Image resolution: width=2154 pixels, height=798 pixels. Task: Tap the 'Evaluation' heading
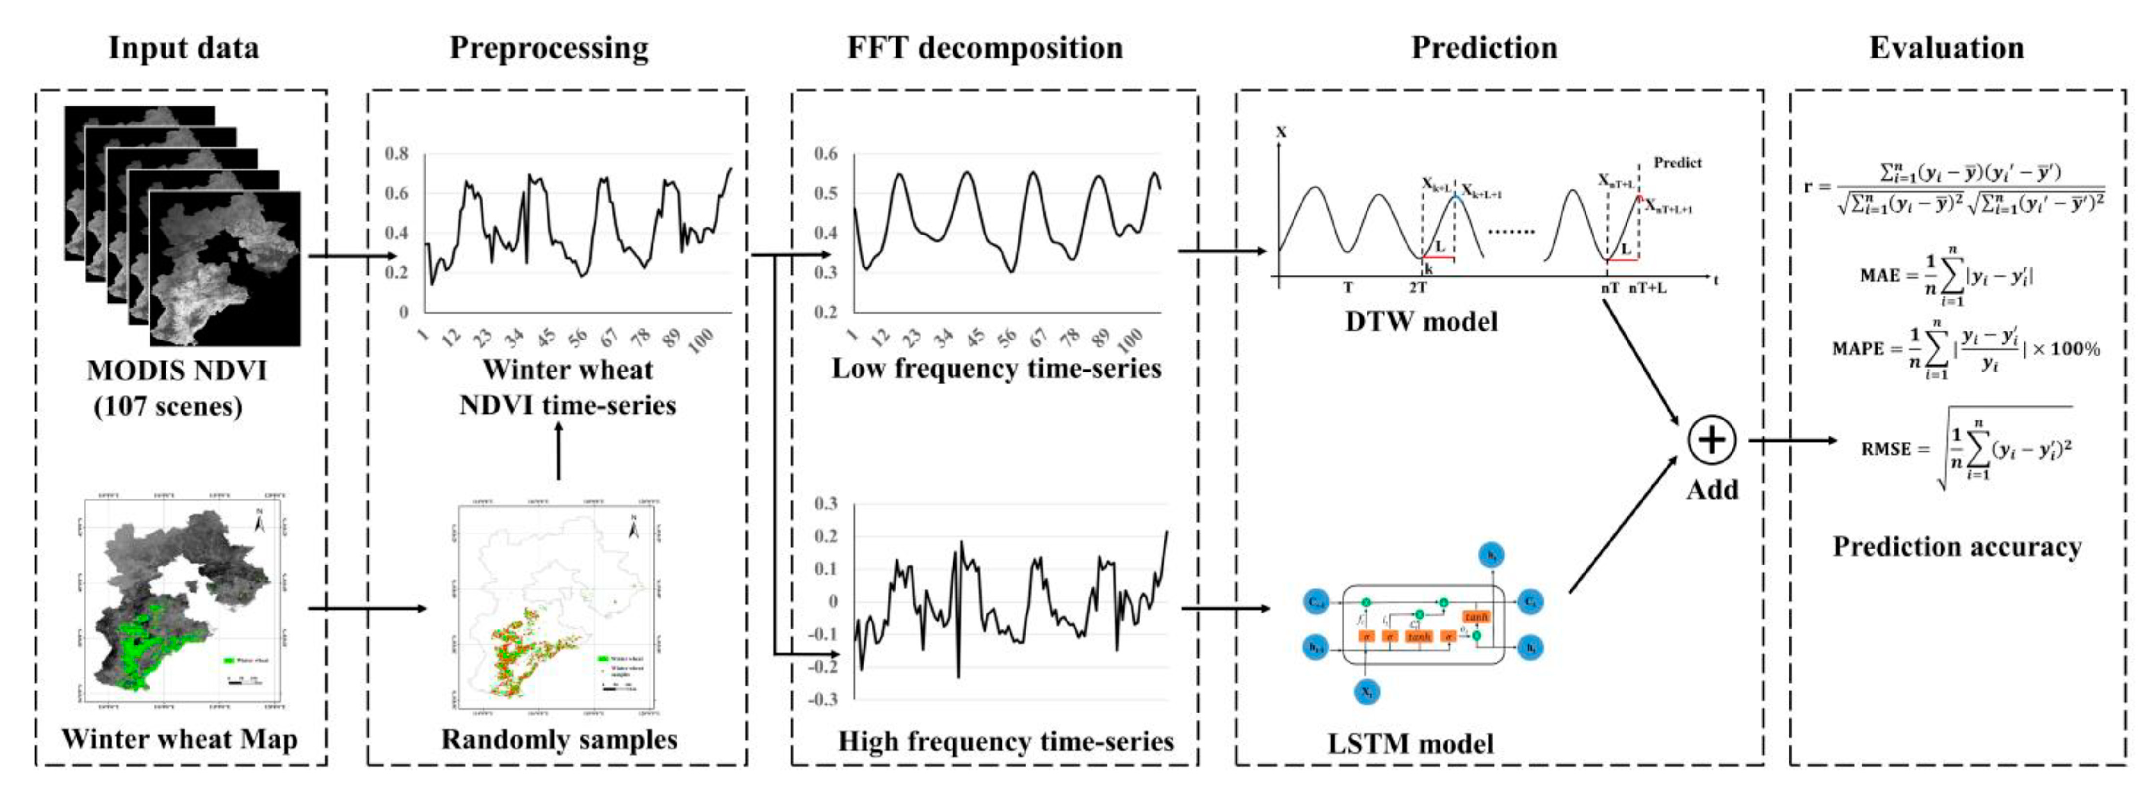(1946, 48)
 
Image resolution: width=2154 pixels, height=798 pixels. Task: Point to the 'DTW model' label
(1421, 321)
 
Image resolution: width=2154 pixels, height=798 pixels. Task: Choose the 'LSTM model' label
(1410, 743)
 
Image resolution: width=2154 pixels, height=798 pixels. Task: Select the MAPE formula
(1965, 349)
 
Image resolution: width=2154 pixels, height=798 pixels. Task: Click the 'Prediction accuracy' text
(1957, 546)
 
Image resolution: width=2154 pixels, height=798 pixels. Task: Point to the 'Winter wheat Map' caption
(179, 738)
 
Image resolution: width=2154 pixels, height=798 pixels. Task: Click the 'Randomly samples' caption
(559, 738)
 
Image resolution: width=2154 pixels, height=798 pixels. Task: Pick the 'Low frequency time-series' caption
(996, 368)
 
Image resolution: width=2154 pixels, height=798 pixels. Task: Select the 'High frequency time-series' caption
(1005, 741)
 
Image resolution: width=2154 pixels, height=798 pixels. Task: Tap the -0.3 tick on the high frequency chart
(822, 699)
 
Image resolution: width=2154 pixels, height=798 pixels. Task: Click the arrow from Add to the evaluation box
(1791, 441)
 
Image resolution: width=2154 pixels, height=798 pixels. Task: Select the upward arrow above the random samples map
(559, 450)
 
